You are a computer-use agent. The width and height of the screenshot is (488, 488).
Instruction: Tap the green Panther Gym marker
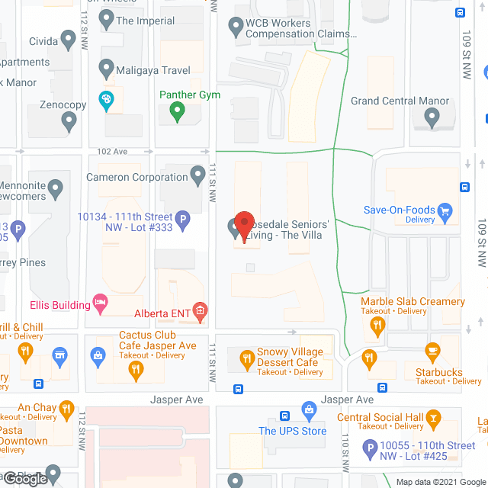click(x=178, y=112)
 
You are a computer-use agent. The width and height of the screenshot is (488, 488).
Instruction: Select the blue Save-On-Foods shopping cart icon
click(x=446, y=211)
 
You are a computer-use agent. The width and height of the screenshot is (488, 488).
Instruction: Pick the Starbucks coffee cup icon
click(x=433, y=353)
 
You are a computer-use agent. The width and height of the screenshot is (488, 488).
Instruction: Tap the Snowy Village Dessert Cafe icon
click(x=247, y=358)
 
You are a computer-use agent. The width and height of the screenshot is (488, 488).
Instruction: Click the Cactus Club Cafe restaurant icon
click(x=136, y=371)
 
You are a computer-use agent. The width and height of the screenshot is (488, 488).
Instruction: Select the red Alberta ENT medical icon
click(x=200, y=310)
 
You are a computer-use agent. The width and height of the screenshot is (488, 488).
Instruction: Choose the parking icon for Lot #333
click(x=182, y=222)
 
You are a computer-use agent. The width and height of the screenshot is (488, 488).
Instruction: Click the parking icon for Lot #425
click(x=371, y=450)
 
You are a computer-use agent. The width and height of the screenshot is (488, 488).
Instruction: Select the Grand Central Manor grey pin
click(x=432, y=118)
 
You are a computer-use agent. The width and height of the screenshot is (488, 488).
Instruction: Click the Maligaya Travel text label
click(x=153, y=70)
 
